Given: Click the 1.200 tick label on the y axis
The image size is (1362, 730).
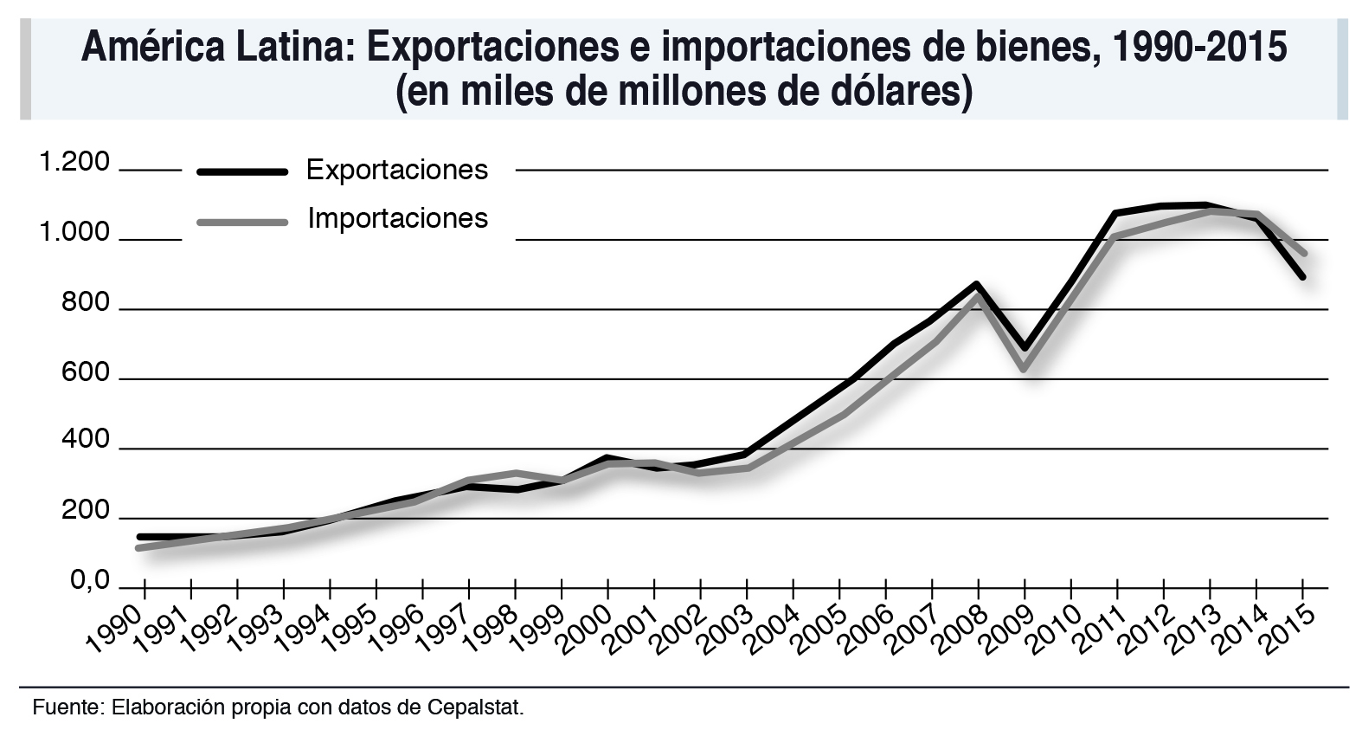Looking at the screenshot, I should click(x=74, y=163).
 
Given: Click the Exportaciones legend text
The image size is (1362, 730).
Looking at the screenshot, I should click(x=397, y=170).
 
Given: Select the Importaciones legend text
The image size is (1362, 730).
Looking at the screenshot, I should click(x=398, y=218).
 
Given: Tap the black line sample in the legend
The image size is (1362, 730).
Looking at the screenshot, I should click(x=242, y=171).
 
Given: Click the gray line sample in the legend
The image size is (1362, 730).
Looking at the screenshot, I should click(x=242, y=222).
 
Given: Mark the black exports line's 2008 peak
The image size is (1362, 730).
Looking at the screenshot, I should click(x=977, y=284).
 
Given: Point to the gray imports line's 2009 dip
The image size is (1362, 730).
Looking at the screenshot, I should click(x=1025, y=368).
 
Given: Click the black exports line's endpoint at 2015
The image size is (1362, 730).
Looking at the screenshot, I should click(x=1302, y=276).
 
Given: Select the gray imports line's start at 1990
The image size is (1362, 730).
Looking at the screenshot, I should click(x=139, y=547).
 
